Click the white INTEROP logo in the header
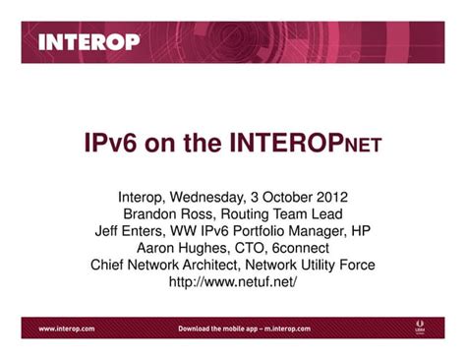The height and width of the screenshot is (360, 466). tap(89, 42)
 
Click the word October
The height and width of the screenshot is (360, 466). tap(286, 195)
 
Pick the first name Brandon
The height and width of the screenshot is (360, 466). tap(151, 212)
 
